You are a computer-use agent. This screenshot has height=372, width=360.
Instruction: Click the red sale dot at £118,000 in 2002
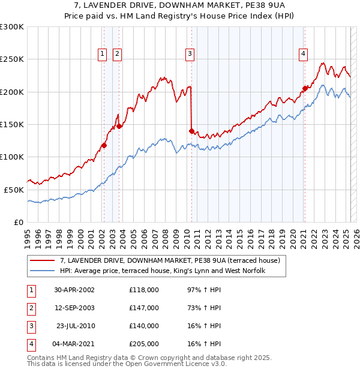104,145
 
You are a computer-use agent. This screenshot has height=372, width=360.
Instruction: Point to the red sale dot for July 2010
191,131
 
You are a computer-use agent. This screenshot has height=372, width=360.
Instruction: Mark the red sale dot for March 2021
304,89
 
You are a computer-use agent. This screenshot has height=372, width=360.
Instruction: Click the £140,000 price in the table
144,326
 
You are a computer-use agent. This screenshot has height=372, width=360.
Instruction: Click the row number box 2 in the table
31,308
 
